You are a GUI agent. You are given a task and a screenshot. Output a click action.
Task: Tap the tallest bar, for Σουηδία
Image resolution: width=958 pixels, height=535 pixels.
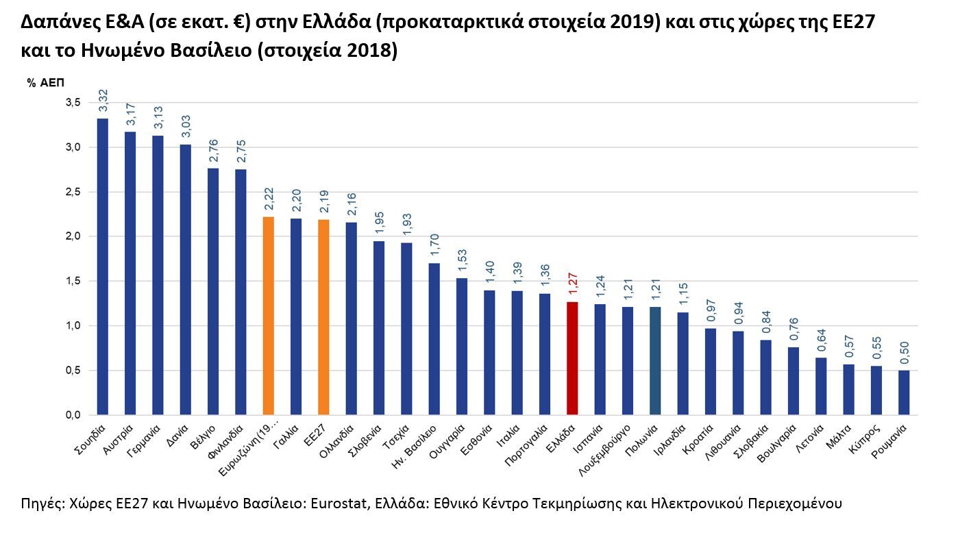pyautogui.click(x=103, y=266)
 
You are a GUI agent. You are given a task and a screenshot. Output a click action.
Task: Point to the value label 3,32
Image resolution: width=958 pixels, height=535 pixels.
pyautogui.click(x=103, y=101)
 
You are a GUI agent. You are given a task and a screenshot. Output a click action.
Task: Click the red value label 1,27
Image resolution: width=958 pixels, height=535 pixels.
pyautogui.click(x=572, y=284)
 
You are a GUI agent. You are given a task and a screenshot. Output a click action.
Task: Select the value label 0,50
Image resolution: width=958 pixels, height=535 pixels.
pyautogui.click(x=904, y=353)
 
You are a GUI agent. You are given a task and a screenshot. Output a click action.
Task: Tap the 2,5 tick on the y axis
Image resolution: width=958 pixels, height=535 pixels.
pyautogui.click(x=73, y=192)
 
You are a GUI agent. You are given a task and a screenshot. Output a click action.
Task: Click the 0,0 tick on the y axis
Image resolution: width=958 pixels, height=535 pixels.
pyautogui.click(x=73, y=415)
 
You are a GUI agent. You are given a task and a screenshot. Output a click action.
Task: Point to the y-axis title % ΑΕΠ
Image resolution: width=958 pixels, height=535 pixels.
pyautogui.click(x=45, y=83)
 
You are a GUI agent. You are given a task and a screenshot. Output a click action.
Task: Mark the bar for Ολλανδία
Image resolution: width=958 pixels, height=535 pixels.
pyautogui.click(x=351, y=319)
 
